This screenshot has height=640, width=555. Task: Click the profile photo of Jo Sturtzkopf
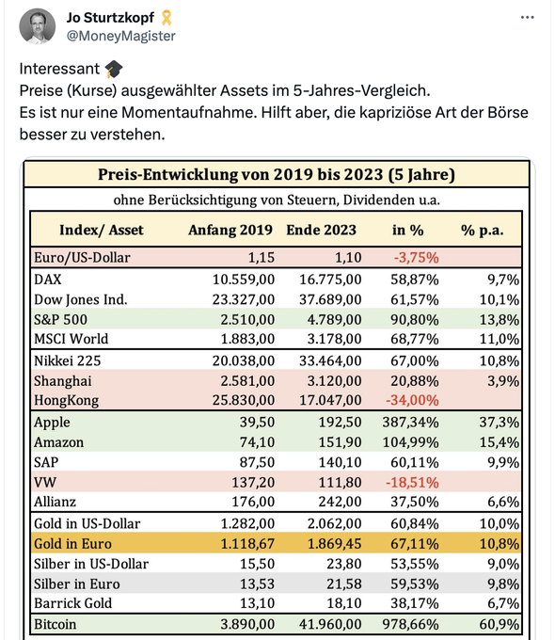tap(37, 26)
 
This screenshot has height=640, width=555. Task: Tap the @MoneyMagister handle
tap(120, 36)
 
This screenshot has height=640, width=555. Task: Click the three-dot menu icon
tap(527, 17)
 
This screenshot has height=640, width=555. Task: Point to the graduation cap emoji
tap(114, 69)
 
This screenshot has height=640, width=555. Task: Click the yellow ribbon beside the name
tap(166, 18)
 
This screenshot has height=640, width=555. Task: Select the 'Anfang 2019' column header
tap(230, 230)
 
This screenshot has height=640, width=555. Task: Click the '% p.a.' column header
tap(482, 231)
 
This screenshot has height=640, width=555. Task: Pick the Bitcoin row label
tap(55, 624)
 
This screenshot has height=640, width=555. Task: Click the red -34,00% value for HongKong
tap(412, 400)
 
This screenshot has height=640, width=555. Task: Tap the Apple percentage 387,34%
tap(410, 422)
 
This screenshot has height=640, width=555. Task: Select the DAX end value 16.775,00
tap(330, 280)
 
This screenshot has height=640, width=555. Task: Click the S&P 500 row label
tap(60, 320)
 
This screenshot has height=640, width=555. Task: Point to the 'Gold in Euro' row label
tap(72, 544)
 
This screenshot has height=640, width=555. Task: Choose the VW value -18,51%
tap(412, 483)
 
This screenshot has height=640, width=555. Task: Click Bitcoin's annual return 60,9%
tap(499, 624)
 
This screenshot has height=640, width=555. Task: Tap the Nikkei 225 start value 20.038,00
tap(244, 360)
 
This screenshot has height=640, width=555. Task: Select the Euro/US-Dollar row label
tap(82, 258)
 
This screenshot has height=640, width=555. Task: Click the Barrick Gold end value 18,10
tap(344, 603)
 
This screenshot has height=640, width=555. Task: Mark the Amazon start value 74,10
tap(257, 442)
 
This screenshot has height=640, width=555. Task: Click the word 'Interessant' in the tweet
tap(59, 69)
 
